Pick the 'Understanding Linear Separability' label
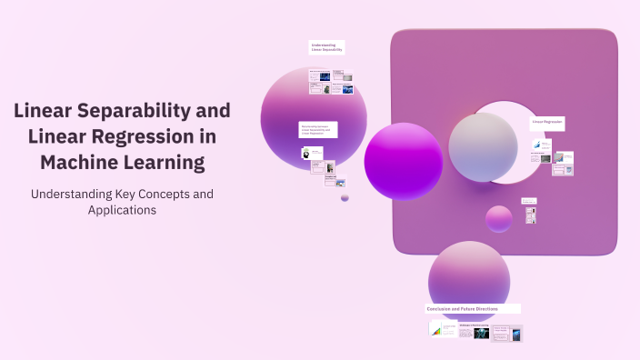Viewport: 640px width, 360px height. (x=327, y=46)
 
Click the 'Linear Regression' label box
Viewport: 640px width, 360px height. (x=548, y=121)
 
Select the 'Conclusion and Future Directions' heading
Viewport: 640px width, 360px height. (x=473, y=309)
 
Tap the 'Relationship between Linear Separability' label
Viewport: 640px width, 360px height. (x=318, y=129)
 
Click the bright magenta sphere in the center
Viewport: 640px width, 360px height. (x=404, y=161)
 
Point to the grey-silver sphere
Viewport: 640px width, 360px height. (x=483, y=147)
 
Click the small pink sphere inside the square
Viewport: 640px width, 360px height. (x=499, y=219)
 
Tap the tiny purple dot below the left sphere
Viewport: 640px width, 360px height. (x=345, y=197)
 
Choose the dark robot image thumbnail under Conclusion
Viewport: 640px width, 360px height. (x=481, y=333)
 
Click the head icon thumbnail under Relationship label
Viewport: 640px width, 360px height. (x=307, y=153)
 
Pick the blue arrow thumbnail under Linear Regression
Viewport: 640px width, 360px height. (x=538, y=145)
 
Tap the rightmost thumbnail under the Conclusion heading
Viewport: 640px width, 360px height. (x=516, y=335)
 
